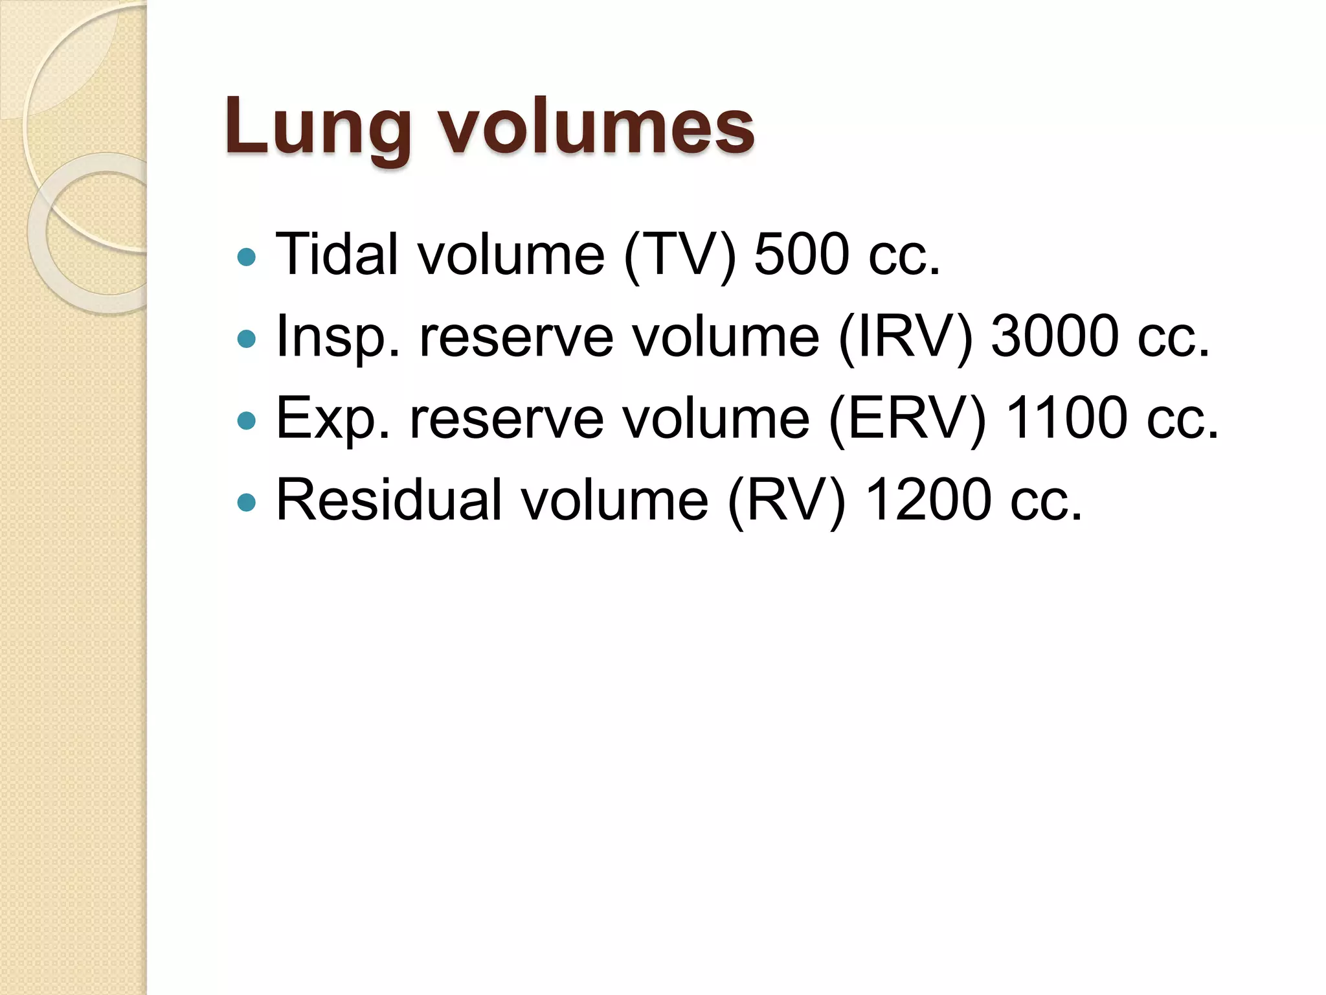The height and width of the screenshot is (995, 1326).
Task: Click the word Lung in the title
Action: (318, 127)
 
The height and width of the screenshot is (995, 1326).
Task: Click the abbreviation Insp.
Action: (337, 337)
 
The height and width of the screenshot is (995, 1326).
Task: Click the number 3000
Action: (1055, 336)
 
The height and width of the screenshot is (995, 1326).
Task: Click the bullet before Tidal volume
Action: (247, 258)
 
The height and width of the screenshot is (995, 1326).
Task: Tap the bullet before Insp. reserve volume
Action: (247, 339)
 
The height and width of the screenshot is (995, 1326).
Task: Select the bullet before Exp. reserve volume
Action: (247, 421)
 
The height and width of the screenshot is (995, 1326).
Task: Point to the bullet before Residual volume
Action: (247, 502)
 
